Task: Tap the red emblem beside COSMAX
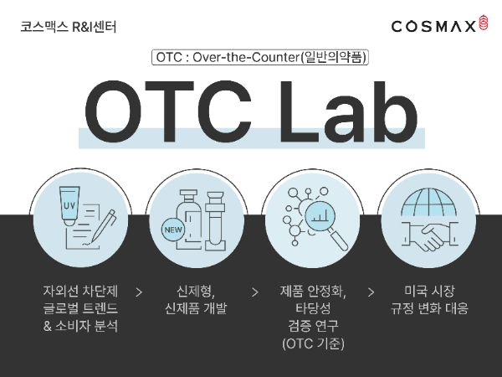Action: [483, 25]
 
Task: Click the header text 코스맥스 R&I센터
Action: [68, 26]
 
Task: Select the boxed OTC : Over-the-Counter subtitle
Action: [260, 58]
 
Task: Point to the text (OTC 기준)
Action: [312, 344]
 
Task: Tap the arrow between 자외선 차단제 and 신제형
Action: [139, 292]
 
